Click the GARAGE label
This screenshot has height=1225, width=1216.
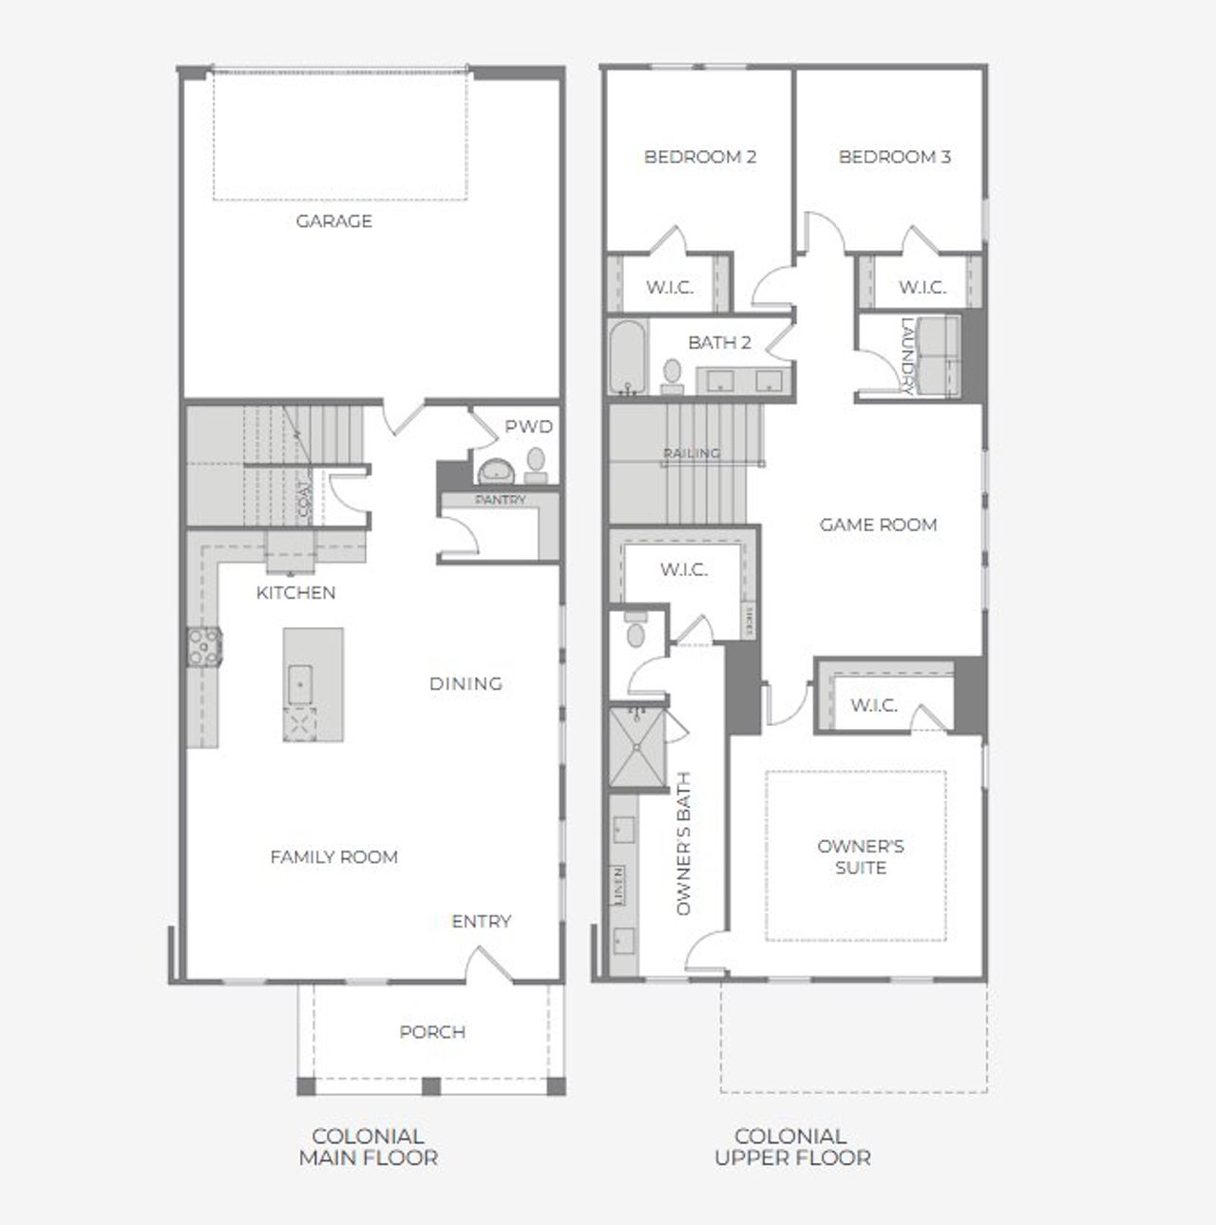tap(333, 221)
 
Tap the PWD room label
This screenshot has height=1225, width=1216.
tap(528, 428)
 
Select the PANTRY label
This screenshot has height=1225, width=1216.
tap(500, 500)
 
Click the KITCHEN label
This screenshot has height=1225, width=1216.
tap(295, 593)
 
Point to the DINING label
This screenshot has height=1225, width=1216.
tap(465, 683)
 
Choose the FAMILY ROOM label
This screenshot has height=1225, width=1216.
tap(333, 857)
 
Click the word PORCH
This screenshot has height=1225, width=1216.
tap(432, 1032)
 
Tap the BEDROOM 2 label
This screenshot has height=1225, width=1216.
tap(700, 157)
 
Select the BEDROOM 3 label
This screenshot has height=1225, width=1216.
tap(894, 157)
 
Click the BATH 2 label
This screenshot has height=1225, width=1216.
tap(719, 342)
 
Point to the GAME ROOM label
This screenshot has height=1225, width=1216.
tap(878, 525)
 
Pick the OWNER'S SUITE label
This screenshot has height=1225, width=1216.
tap(860, 857)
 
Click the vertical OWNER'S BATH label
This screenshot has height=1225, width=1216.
tap(684, 844)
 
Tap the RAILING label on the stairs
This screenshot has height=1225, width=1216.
tap(692, 453)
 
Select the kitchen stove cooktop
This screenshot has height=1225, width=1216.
tap(203, 646)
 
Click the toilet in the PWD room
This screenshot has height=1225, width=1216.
tap(537, 461)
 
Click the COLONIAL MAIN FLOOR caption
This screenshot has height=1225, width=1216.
tap(368, 1147)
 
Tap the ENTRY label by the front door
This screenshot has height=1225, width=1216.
tap(481, 922)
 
